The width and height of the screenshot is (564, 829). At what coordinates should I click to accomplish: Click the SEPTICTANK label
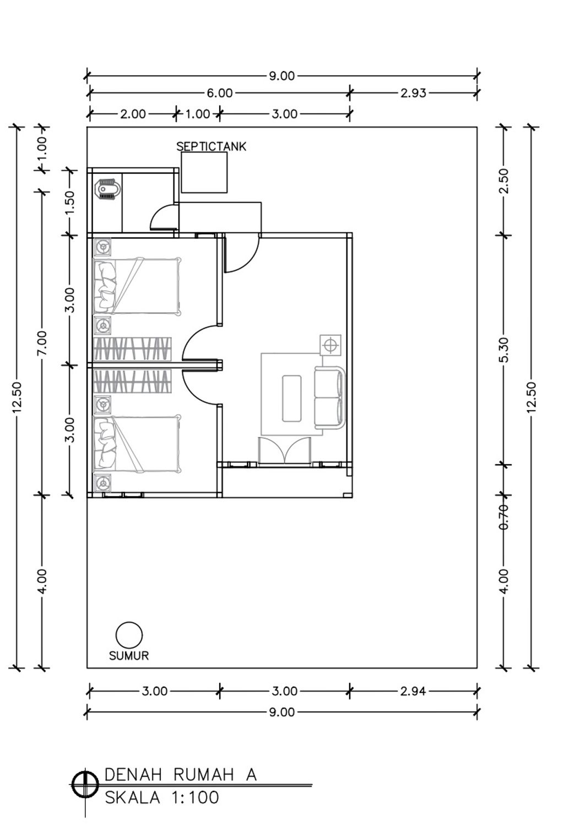[x=211, y=146]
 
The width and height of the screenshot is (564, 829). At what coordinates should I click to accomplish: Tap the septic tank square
[x=204, y=172]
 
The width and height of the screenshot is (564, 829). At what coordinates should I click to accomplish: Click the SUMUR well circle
[x=129, y=635]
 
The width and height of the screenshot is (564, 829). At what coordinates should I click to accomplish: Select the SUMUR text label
[x=129, y=656]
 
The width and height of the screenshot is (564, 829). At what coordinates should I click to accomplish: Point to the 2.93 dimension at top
[x=413, y=93]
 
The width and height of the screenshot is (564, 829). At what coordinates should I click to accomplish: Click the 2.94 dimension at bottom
[x=413, y=691]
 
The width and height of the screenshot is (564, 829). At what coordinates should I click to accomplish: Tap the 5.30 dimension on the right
[x=505, y=350]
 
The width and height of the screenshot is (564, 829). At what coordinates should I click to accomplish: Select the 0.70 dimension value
[x=504, y=516]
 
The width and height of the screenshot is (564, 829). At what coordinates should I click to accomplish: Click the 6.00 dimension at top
[x=219, y=93]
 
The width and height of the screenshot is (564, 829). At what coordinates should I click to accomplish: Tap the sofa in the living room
[x=329, y=398]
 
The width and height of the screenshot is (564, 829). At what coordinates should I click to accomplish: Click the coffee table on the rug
[x=291, y=398]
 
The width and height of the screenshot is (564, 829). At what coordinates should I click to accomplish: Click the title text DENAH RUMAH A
[x=180, y=775]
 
